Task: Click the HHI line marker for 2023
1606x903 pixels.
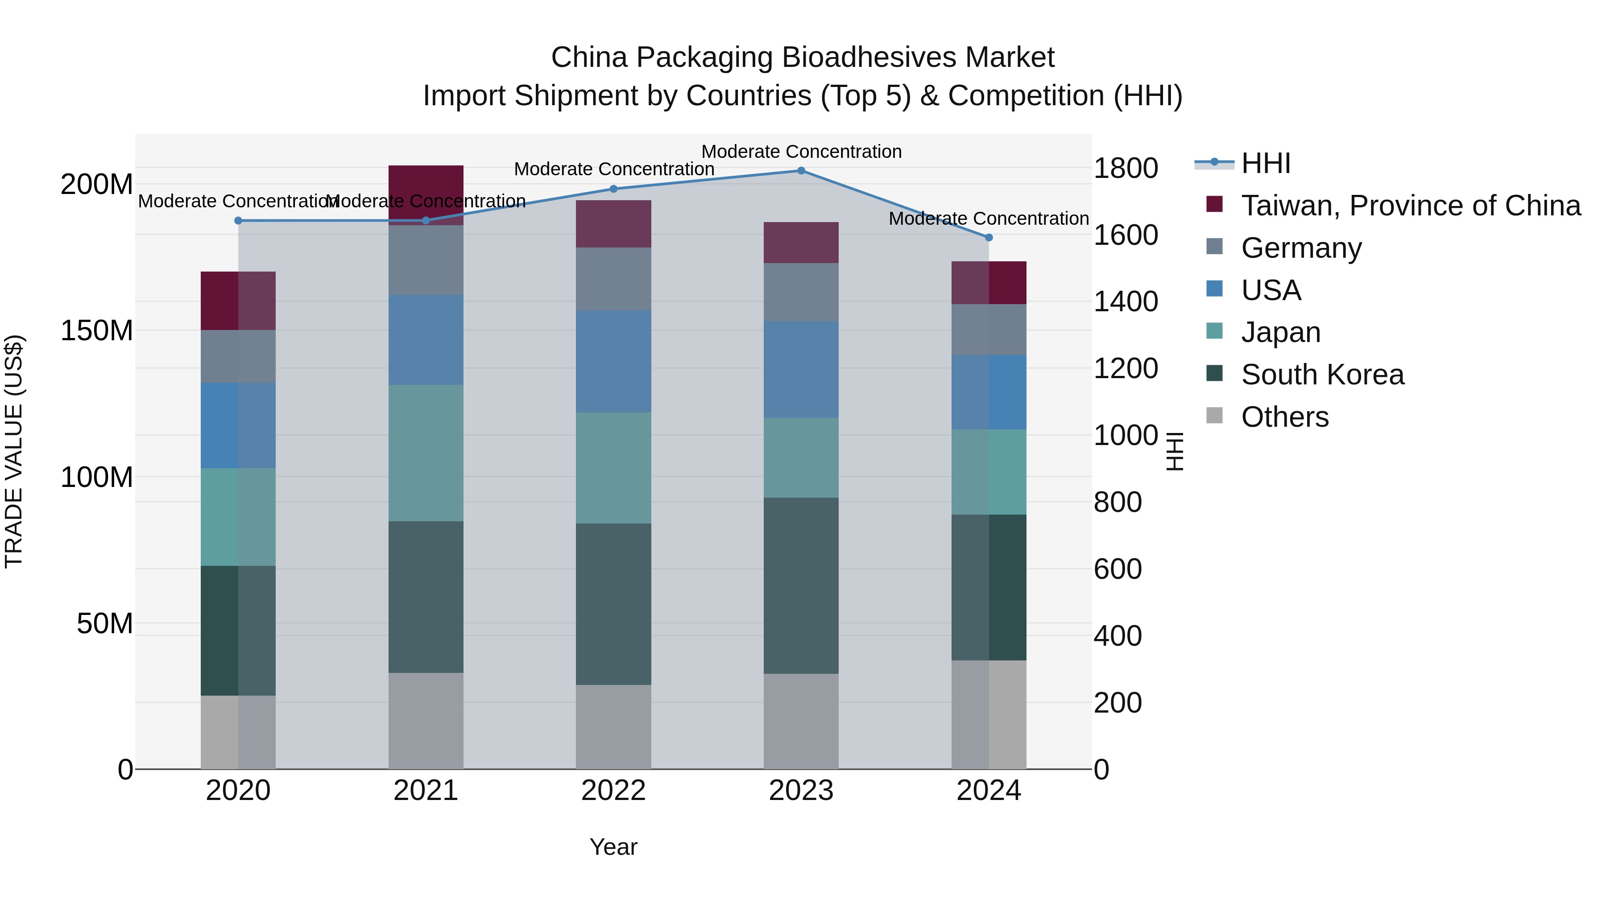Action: [x=801, y=171]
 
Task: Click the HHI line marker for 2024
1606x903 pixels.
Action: [x=989, y=237]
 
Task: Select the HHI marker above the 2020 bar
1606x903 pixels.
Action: [x=238, y=221]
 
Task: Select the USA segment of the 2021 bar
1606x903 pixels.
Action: [x=426, y=340]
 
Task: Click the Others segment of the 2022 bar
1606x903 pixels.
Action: [x=613, y=727]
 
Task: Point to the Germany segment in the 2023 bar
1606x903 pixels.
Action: [x=801, y=292]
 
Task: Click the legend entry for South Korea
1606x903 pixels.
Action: [x=1322, y=375]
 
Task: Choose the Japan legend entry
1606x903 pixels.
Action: [x=1280, y=332]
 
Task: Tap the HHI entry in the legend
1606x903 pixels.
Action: [x=1265, y=163]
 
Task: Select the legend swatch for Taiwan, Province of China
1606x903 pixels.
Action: [x=1214, y=204]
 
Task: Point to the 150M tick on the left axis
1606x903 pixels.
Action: [x=97, y=331]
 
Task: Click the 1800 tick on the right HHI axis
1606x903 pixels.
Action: [x=1126, y=168]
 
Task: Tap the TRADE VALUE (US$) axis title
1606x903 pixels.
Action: [x=14, y=451]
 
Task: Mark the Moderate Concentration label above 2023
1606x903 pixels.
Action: [x=801, y=152]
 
